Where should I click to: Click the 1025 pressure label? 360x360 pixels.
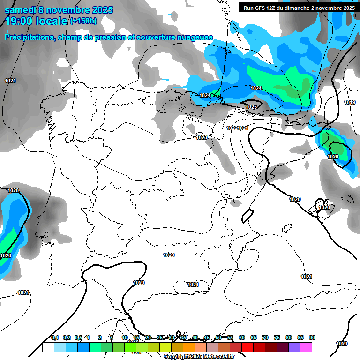point(251,107)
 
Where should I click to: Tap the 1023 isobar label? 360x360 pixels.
point(202,137)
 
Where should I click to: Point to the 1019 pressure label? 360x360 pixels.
point(349,102)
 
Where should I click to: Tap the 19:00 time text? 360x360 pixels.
point(19,21)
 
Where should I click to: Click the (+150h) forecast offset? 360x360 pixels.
point(83,21)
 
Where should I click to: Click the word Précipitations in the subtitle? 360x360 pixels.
point(28,37)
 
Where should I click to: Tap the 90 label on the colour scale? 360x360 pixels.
point(312,337)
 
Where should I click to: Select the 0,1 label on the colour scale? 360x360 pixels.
point(55,337)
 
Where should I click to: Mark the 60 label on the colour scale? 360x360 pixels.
point(242,337)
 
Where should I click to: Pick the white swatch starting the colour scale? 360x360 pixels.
point(48,347)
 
